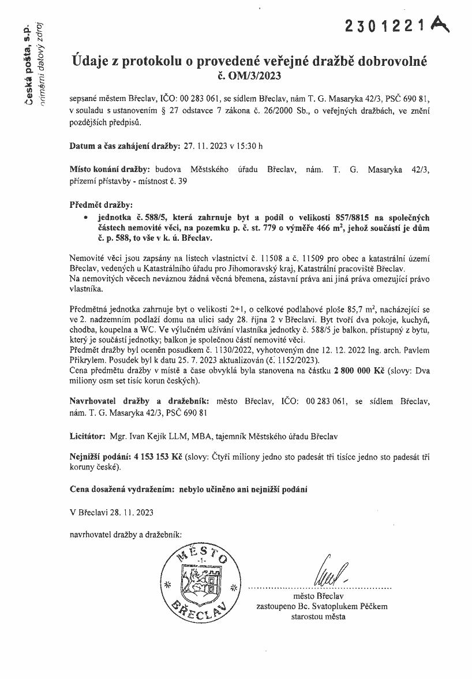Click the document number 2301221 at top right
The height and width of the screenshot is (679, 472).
[x=385, y=25]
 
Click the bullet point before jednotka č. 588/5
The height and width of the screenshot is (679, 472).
[x=85, y=217]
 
